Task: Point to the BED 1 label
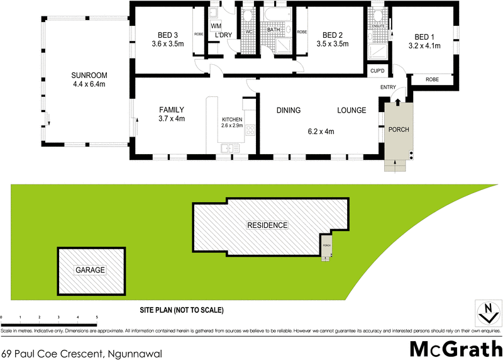click(x=424, y=37)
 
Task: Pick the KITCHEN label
click(x=232, y=120)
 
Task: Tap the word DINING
click(x=289, y=111)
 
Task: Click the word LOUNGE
click(x=351, y=111)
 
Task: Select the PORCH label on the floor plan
click(x=399, y=130)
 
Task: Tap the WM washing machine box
click(x=216, y=25)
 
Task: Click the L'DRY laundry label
click(x=223, y=35)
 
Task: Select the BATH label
click(x=274, y=30)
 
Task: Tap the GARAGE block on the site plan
click(x=91, y=270)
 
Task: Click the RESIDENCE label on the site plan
click(x=267, y=225)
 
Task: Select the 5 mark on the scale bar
click(x=97, y=317)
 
